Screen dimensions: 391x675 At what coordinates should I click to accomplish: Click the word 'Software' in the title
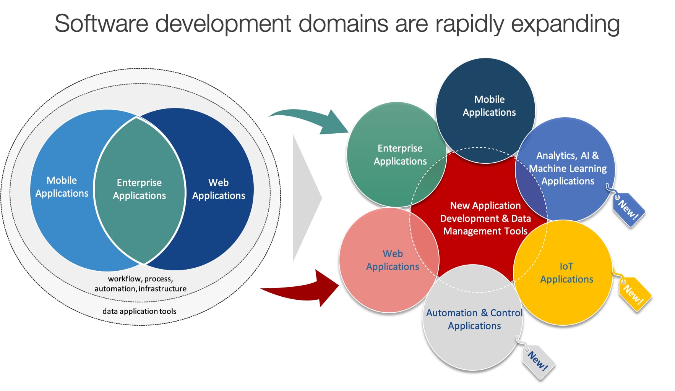(101, 24)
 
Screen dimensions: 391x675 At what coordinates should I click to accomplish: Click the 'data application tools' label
(139, 311)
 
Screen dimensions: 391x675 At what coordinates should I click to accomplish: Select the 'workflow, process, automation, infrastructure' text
(140, 284)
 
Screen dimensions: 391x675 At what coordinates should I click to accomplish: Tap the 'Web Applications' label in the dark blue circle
(219, 189)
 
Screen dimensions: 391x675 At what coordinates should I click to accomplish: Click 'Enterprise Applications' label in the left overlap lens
(140, 189)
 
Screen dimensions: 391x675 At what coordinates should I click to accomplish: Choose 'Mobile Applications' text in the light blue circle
(62, 187)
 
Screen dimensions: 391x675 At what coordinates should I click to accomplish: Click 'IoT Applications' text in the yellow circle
(566, 273)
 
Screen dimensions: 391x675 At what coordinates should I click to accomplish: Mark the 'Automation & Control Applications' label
(474, 319)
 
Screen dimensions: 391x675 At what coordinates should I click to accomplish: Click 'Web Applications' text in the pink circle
(393, 260)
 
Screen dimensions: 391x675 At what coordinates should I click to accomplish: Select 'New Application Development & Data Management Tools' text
(485, 218)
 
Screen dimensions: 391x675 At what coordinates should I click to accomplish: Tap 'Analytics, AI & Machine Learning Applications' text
(568, 168)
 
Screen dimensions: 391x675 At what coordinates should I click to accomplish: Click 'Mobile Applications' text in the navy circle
(489, 106)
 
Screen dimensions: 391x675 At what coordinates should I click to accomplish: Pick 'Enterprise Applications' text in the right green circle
(400, 155)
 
